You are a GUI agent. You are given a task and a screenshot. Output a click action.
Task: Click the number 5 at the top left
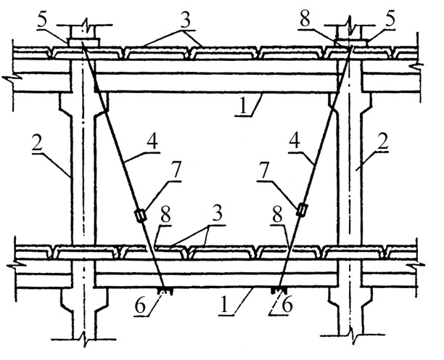[42, 20]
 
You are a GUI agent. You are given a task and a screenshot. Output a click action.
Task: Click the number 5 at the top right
[390, 20]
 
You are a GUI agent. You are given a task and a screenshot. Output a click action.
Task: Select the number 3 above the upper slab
[186, 20]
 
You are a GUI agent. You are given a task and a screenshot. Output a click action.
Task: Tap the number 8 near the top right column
[305, 20]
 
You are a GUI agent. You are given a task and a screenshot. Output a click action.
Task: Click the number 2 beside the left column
[37, 144]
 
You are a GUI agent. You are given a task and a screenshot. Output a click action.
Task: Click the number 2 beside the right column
[383, 142]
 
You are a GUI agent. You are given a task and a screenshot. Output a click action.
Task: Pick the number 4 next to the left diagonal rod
[152, 142]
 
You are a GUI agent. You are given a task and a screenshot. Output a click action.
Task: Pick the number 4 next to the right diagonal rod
[295, 141]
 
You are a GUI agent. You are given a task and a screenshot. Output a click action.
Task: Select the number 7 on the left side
[176, 171]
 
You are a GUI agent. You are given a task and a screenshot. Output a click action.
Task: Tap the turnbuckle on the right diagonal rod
[302, 210]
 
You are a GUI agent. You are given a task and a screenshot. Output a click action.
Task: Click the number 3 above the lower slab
[218, 214]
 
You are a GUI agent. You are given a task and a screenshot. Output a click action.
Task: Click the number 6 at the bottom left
[140, 306]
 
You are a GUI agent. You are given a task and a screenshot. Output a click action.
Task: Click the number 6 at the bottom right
[287, 305]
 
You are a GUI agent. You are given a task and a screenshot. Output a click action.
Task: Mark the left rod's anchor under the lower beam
[165, 291]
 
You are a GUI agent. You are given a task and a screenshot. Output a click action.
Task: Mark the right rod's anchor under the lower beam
[279, 290]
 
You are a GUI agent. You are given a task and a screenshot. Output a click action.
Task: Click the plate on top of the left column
[83, 42]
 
